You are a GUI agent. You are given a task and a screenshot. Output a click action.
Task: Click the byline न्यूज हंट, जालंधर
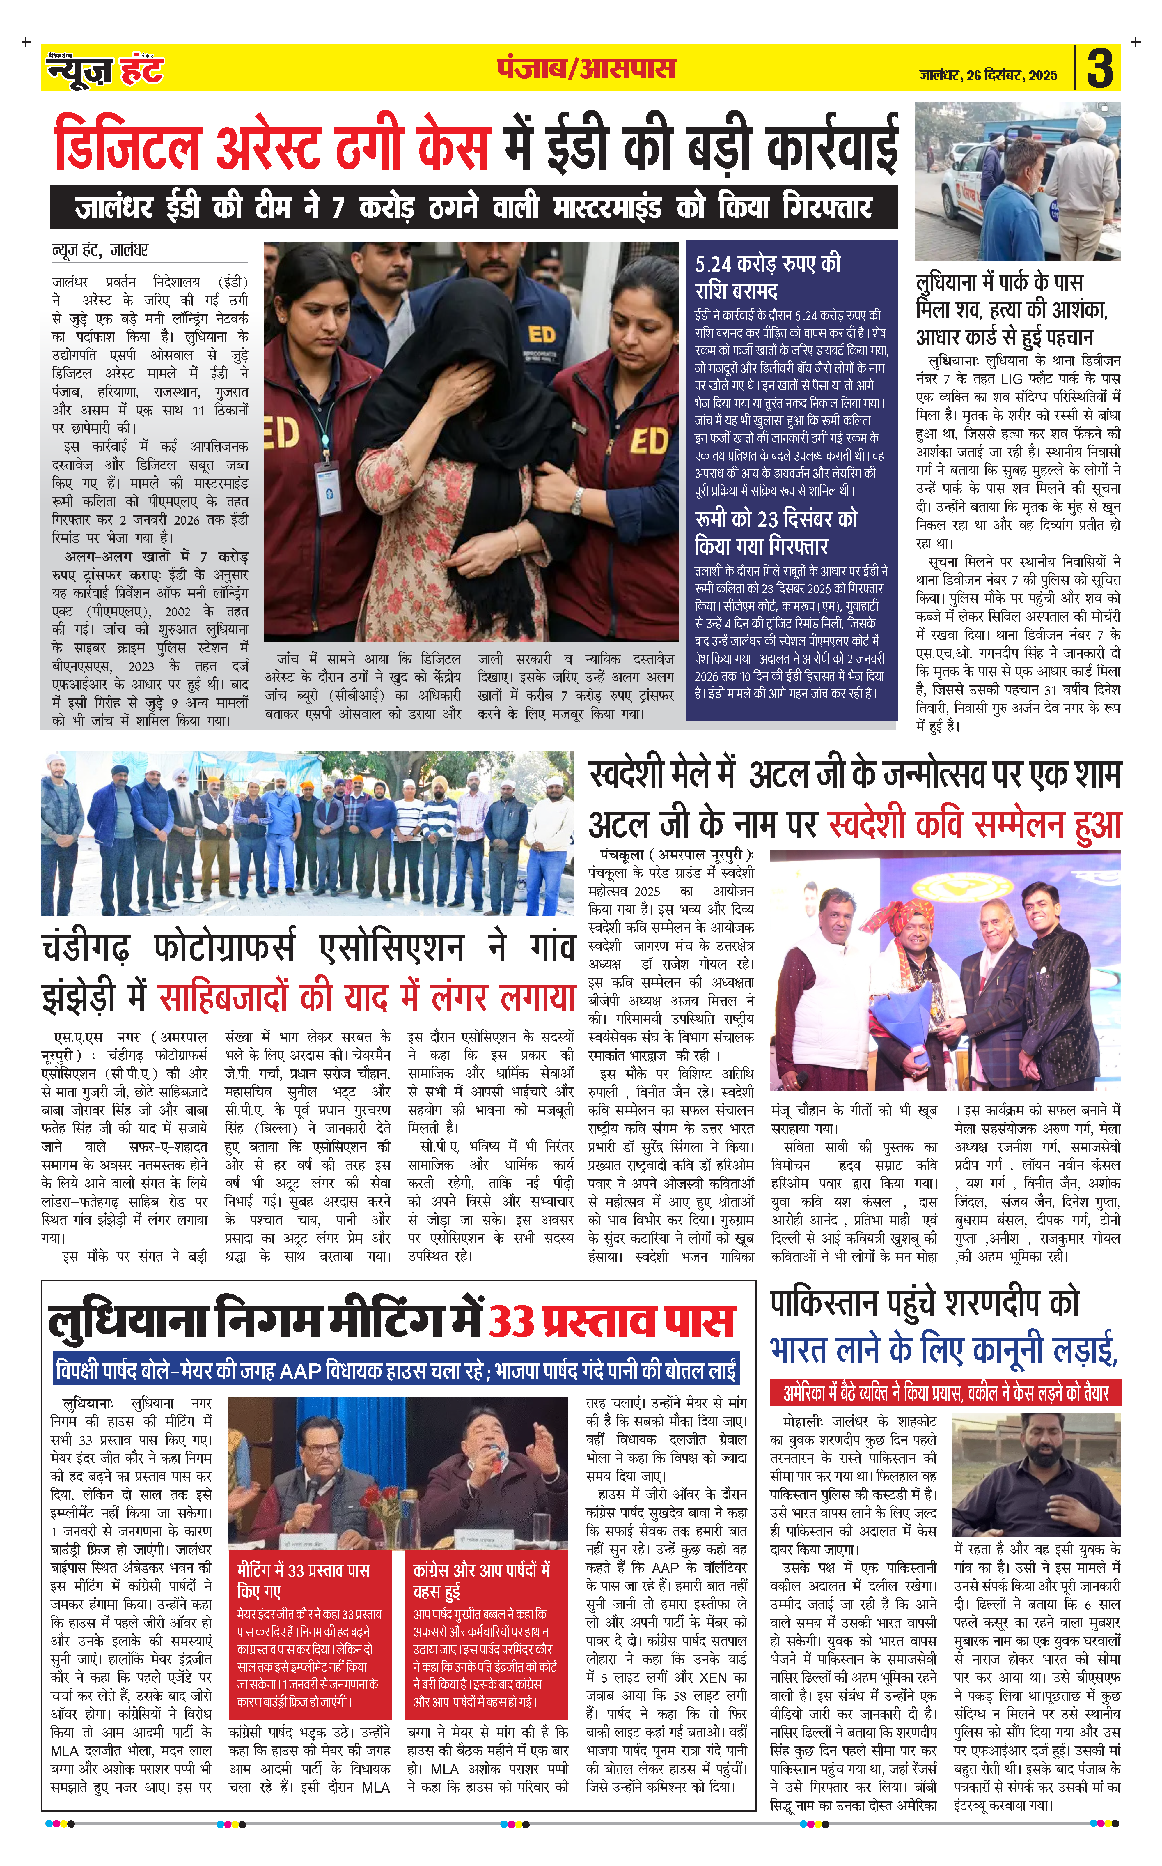click(x=100, y=250)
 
